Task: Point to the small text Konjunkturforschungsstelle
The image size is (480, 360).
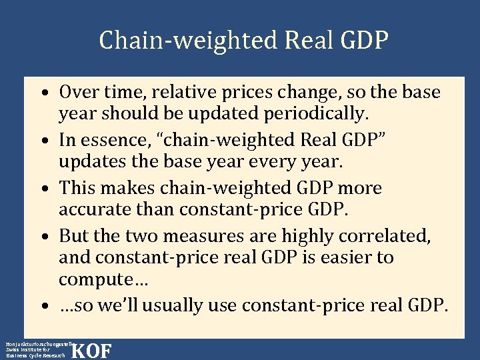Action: [37, 343]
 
